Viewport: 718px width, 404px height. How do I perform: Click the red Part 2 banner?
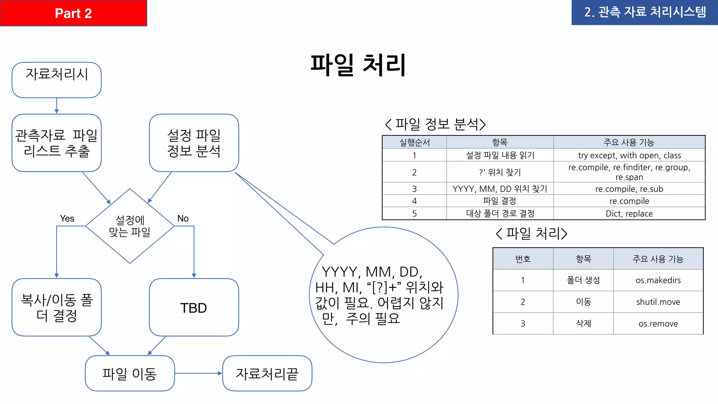coord(73,13)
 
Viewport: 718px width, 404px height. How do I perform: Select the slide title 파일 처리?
coord(358,65)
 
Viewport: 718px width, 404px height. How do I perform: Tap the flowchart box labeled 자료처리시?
coord(57,80)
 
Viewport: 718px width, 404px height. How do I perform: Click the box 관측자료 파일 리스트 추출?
coord(57,143)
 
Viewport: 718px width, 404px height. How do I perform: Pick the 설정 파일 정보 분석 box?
coord(194,143)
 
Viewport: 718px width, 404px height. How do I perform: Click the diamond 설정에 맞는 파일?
coord(130,226)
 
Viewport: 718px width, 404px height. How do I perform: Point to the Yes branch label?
coord(67,218)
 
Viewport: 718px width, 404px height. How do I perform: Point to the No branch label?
coord(183,218)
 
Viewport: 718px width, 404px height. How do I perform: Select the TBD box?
coord(194,308)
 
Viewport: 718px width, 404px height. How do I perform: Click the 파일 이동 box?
coord(130,373)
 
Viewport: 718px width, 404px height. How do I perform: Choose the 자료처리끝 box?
coord(267,373)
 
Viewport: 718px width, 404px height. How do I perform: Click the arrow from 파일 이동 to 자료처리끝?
coord(198,373)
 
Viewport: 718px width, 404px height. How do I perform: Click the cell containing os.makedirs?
coord(658,280)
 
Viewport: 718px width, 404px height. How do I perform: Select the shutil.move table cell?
coord(658,302)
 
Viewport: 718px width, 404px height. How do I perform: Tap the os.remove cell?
coord(658,324)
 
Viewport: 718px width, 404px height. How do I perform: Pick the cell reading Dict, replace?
coord(629,214)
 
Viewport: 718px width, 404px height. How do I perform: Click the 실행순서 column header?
coord(414,142)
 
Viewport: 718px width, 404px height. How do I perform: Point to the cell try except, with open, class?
coord(629,155)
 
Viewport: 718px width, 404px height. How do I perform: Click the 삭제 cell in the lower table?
coord(583,324)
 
